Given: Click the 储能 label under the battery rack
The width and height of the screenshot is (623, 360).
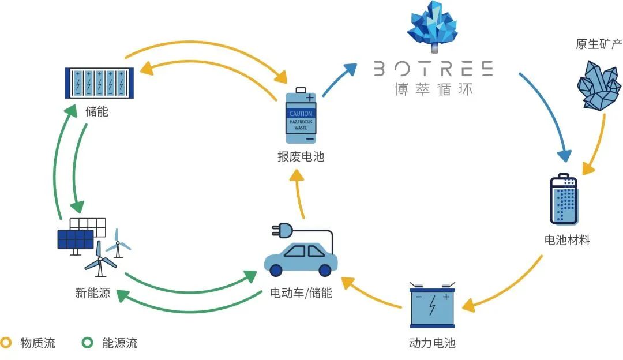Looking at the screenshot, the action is [x=96, y=111].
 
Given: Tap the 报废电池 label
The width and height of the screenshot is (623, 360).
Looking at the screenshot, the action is [x=301, y=156].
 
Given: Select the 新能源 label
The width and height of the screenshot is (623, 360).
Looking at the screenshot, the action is [x=92, y=293].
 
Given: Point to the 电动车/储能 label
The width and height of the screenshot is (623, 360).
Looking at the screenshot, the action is [x=301, y=293].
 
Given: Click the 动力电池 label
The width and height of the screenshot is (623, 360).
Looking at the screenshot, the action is [x=432, y=343].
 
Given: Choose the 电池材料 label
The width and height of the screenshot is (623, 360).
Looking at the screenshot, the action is [x=567, y=239].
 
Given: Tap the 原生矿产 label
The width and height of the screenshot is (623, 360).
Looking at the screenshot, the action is [x=599, y=44].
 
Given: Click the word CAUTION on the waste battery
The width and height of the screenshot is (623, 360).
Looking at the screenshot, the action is [x=301, y=114].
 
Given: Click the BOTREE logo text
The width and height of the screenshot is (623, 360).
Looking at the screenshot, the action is [x=433, y=69].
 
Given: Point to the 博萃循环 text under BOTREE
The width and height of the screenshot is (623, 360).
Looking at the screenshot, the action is [x=433, y=89].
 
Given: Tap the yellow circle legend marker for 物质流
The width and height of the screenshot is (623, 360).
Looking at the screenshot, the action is [x=6, y=343].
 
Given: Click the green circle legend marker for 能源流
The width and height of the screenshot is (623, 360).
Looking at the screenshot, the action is [x=88, y=343].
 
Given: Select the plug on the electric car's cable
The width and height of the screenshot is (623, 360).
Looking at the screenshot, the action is [x=282, y=230].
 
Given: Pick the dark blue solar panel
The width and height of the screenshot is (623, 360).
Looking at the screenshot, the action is [x=76, y=239].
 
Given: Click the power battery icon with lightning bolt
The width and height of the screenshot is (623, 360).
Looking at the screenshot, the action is [x=432, y=305].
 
